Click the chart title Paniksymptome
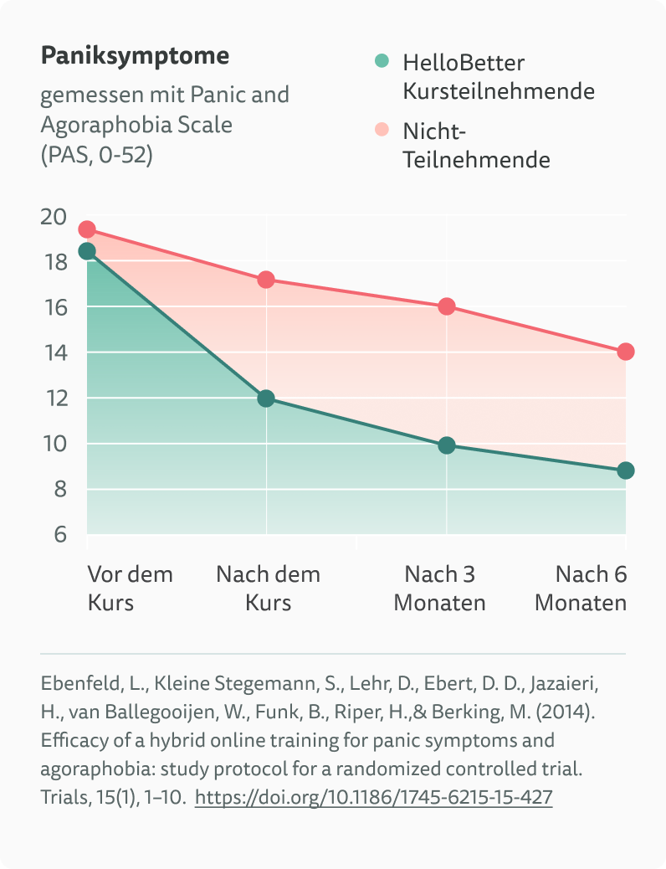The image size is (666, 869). [135, 57]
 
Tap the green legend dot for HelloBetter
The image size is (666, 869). [382, 61]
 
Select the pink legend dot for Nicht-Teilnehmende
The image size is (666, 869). [382, 130]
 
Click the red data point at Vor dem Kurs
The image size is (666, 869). [87, 229]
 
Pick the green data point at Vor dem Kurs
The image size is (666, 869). [87, 251]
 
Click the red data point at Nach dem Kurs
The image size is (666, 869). [266, 280]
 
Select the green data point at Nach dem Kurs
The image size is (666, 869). [266, 399]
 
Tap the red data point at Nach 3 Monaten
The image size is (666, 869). [447, 306]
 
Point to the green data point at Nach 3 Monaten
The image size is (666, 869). [447, 445]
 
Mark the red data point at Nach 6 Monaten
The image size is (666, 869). [626, 352]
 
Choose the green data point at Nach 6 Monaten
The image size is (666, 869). [626, 470]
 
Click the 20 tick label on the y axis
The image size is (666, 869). [53, 217]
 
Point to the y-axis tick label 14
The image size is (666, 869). [53, 352]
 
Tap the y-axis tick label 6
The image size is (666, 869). [59, 534]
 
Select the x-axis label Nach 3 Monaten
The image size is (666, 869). [440, 588]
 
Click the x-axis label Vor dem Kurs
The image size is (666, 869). [130, 588]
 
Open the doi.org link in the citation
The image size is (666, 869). [373, 798]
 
